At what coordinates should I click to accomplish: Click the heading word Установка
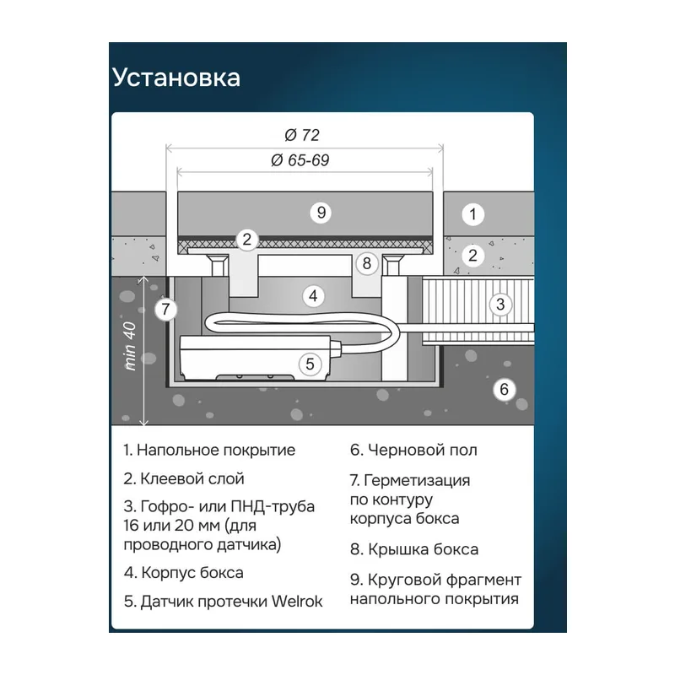pyautogui.click(x=176, y=78)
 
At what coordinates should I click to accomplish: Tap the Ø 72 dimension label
pyautogui.click(x=302, y=135)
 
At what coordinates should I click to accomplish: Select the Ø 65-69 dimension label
pyautogui.click(x=300, y=160)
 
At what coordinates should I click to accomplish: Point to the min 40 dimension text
pyautogui.click(x=130, y=347)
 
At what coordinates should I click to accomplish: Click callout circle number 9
pyautogui.click(x=321, y=213)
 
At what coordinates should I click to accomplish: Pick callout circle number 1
pyautogui.click(x=472, y=214)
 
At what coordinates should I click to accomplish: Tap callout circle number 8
pyautogui.click(x=366, y=263)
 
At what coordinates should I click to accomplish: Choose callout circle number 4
pyautogui.click(x=313, y=296)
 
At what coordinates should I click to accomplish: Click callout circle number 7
pyautogui.click(x=165, y=309)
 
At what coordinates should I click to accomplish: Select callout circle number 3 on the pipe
pyautogui.click(x=499, y=305)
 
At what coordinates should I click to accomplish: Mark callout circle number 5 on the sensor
pyautogui.click(x=310, y=364)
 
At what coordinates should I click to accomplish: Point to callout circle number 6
pyautogui.click(x=504, y=389)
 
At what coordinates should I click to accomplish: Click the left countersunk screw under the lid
pyautogui.click(x=219, y=264)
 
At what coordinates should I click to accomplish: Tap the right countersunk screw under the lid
pyautogui.click(x=391, y=264)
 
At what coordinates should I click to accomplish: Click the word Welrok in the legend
pyautogui.click(x=297, y=602)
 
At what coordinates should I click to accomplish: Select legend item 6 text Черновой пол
pyautogui.click(x=413, y=451)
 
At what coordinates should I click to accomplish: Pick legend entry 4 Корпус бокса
pyautogui.click(x=183, y=573)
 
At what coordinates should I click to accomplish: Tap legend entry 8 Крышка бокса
pyautogui.click(x=414, y=550)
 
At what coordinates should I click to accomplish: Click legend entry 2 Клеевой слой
pyautogui.click(x=184, y=478)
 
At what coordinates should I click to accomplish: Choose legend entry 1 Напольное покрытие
pyautogui.click(x=209, y=451)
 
